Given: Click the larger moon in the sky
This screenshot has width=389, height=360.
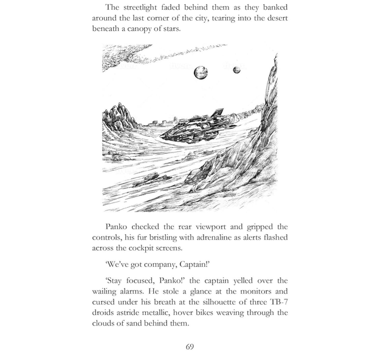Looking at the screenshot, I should pyautogui.click(x=201, y=74).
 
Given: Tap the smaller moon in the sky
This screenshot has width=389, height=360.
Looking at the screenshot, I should pyautogui.click(x=236, y=70).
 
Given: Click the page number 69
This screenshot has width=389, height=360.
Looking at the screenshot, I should pyautogui.click(x=190, y=347).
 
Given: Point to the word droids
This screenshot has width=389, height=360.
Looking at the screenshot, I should pyautogui.click(x=105, y=313).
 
